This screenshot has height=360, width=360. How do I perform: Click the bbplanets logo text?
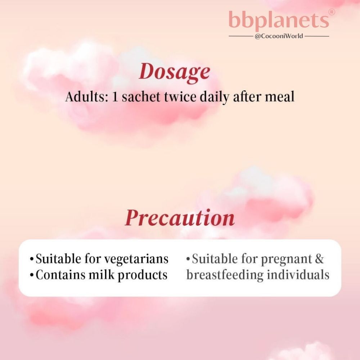point(279,20)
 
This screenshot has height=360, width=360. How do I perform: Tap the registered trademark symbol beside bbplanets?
point(332,12)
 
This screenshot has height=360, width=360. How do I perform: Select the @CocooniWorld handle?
point(279,36)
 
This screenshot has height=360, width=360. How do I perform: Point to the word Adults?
point(85,96)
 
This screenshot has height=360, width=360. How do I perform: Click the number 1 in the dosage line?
point(115,97)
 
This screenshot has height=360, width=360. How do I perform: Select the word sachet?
point(141,96)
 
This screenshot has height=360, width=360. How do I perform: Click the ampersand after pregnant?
point(319,259)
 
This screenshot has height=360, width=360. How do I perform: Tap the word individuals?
point(298,275)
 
